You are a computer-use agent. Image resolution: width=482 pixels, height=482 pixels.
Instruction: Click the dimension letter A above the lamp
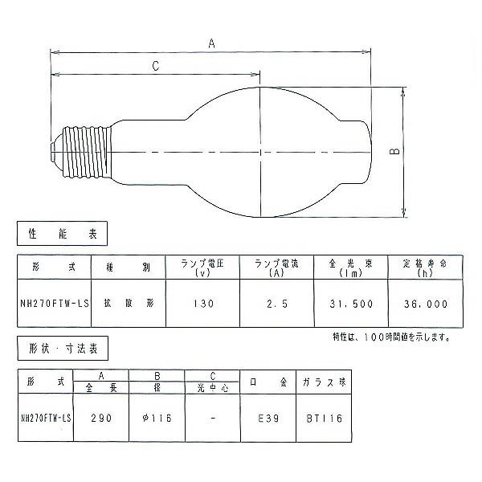(211, 43)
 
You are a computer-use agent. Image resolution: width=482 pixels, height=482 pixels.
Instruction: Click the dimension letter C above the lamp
(156, 66)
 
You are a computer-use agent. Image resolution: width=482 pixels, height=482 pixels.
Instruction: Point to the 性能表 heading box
(62, 233)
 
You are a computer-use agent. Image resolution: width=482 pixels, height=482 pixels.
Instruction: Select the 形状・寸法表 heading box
(63, 349)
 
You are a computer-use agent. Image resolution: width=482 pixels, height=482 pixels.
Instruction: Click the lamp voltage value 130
(203, 304)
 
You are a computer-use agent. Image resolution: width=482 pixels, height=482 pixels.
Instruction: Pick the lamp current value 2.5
(277, 304)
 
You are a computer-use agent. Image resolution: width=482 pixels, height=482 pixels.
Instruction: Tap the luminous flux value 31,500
(351, 304)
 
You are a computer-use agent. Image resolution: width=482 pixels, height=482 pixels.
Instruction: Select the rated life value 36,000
(426, 304)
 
